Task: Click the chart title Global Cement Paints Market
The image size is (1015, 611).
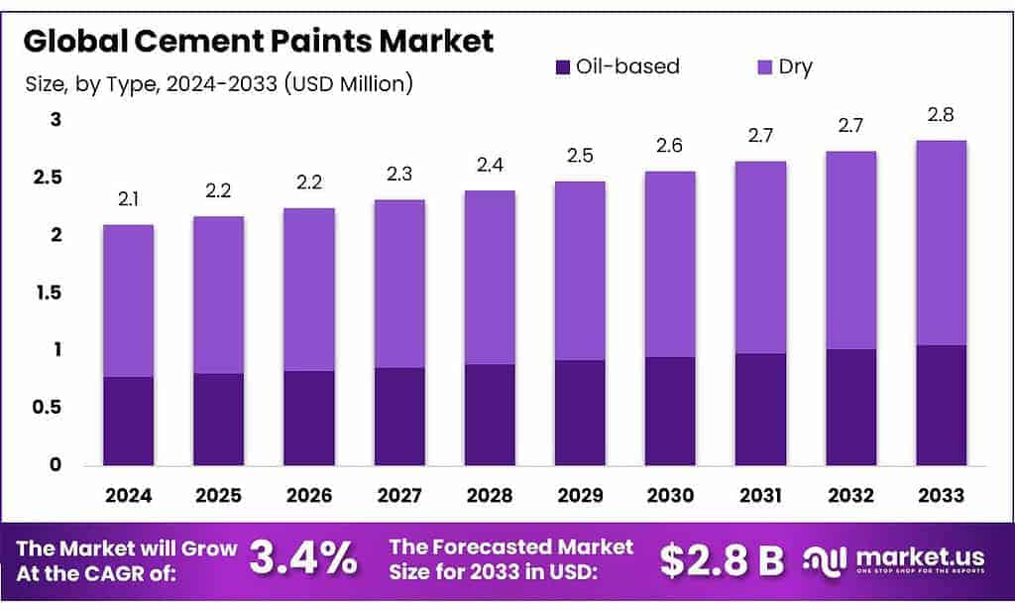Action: (x=258, y=42)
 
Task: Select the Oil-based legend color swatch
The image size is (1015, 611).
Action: (x=562, y=67)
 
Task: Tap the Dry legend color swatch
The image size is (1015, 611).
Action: (x=764, y=67)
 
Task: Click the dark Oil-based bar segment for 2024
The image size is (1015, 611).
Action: (x=128, y=421)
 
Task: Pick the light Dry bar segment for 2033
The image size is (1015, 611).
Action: (x=941, y=243)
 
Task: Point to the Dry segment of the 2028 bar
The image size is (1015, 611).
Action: (x=490, y=278)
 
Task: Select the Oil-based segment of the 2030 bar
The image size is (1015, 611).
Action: (x=670, y=411)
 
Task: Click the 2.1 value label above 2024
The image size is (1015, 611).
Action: (x=128, y=201)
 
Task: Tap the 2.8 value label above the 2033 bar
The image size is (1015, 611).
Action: (x=941, y=117)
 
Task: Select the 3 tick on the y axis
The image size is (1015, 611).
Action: (x=56, y=121)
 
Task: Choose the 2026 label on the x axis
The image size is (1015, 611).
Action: (x=309, y=493)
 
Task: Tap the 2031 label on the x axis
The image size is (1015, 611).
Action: (x=760, y=493)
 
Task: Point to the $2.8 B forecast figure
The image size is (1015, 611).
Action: (x=722, y=560)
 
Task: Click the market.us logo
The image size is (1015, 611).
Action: (x=903, y=560)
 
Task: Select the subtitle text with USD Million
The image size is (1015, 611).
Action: (x=218, y=84)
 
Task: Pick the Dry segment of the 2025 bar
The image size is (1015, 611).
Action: (x=218, y=295)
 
